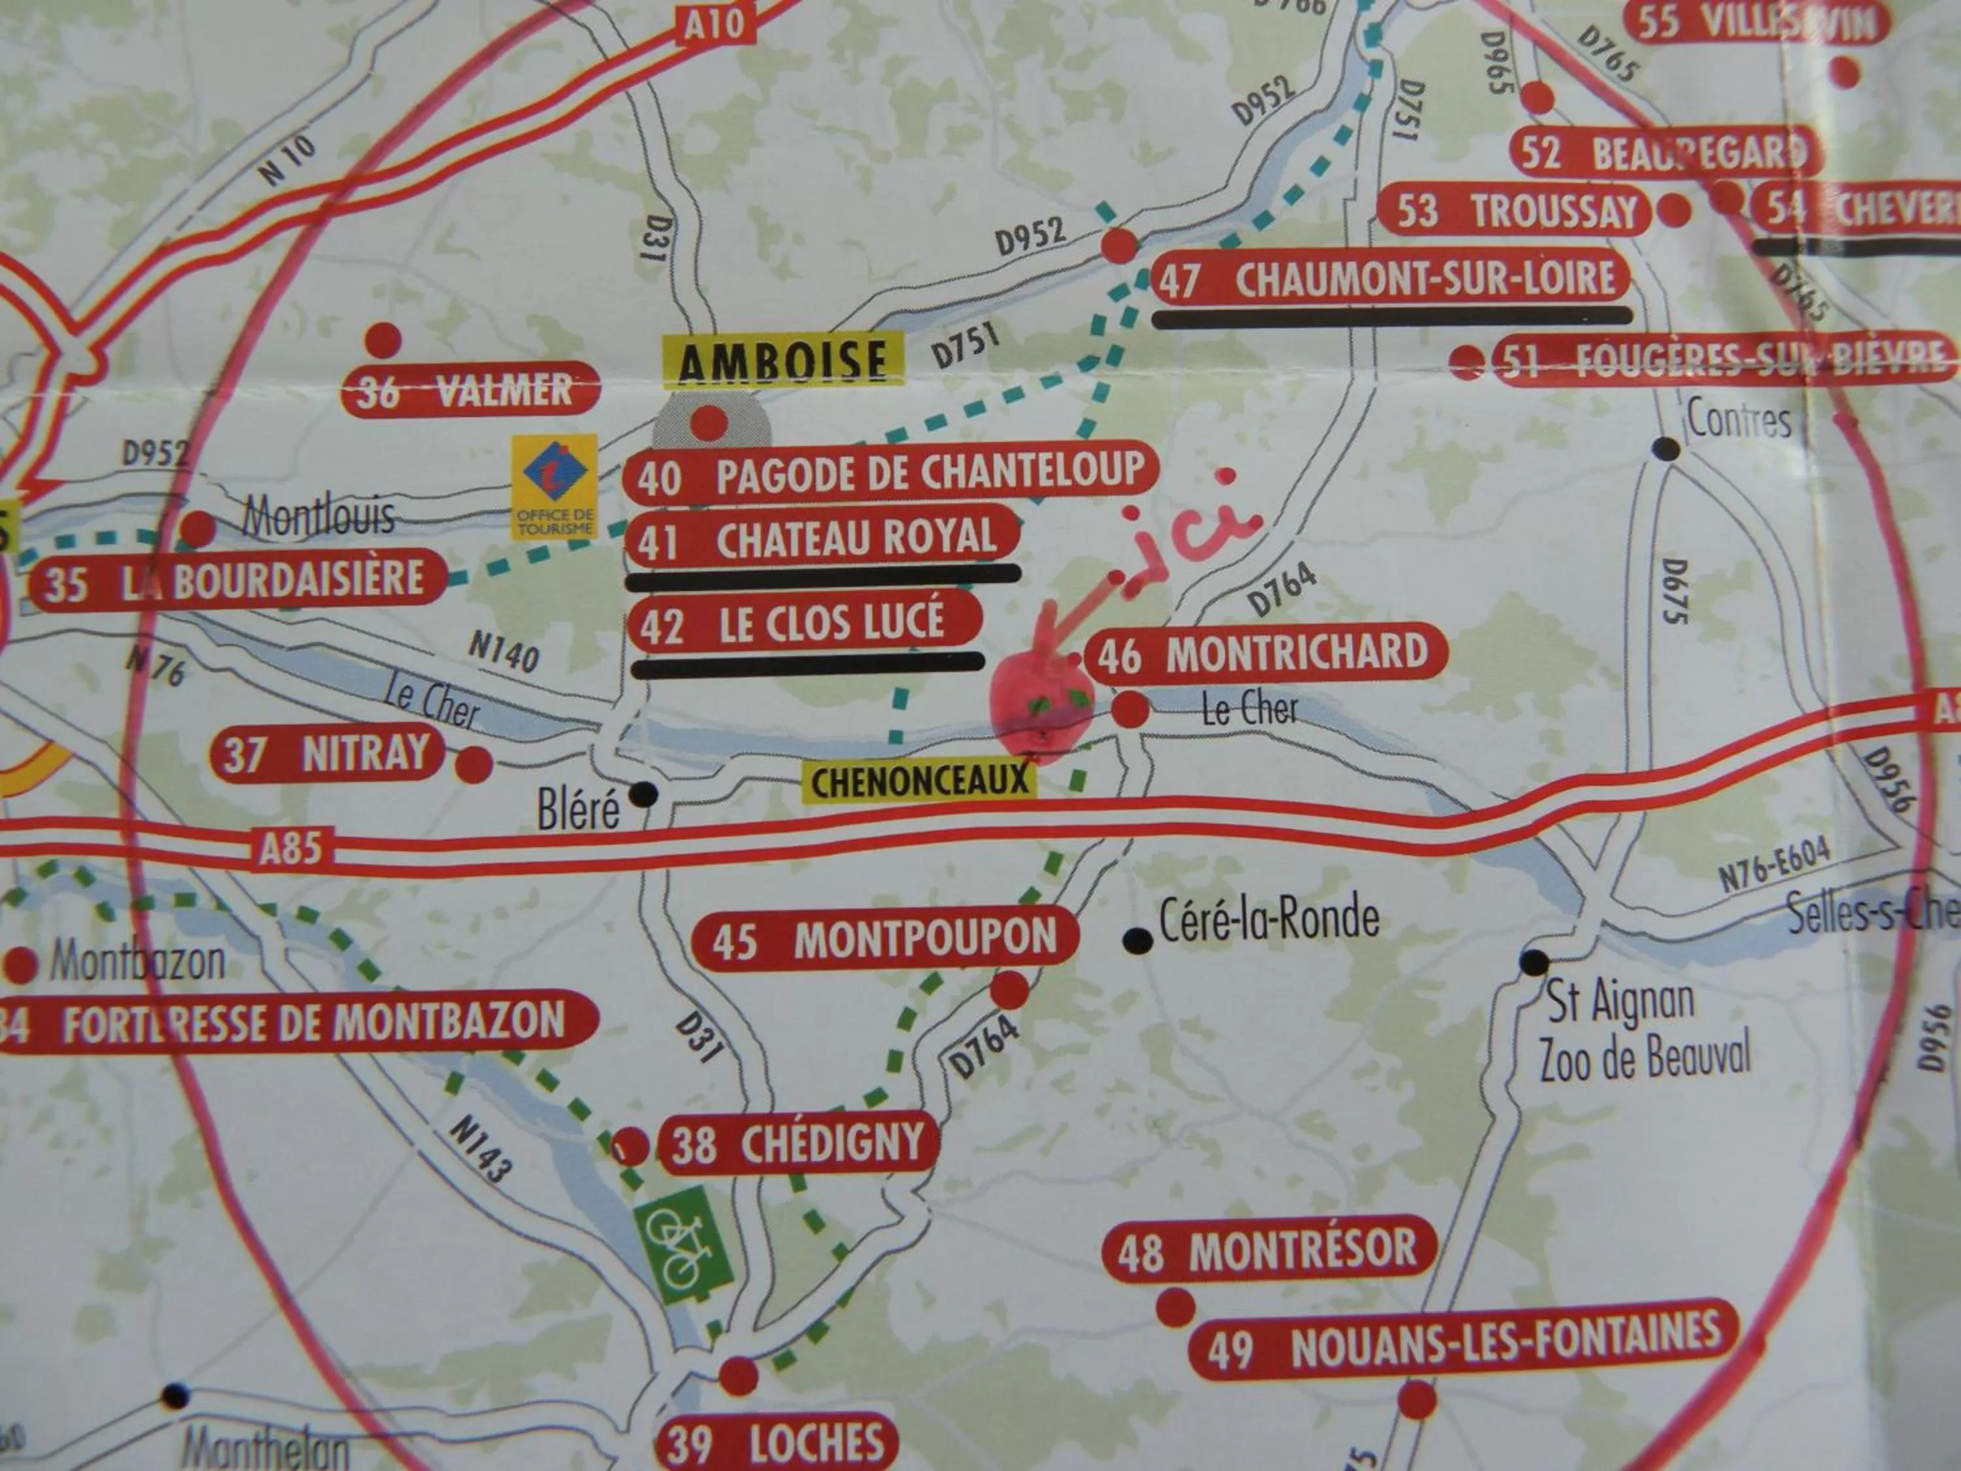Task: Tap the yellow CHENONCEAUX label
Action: point(918,782)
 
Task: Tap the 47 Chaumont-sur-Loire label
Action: point(1391,279)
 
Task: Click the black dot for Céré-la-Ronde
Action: point(1135,940)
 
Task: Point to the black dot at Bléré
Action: point(644,794)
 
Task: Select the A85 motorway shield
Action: point(290,849)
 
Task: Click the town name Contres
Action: point(1737,420)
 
